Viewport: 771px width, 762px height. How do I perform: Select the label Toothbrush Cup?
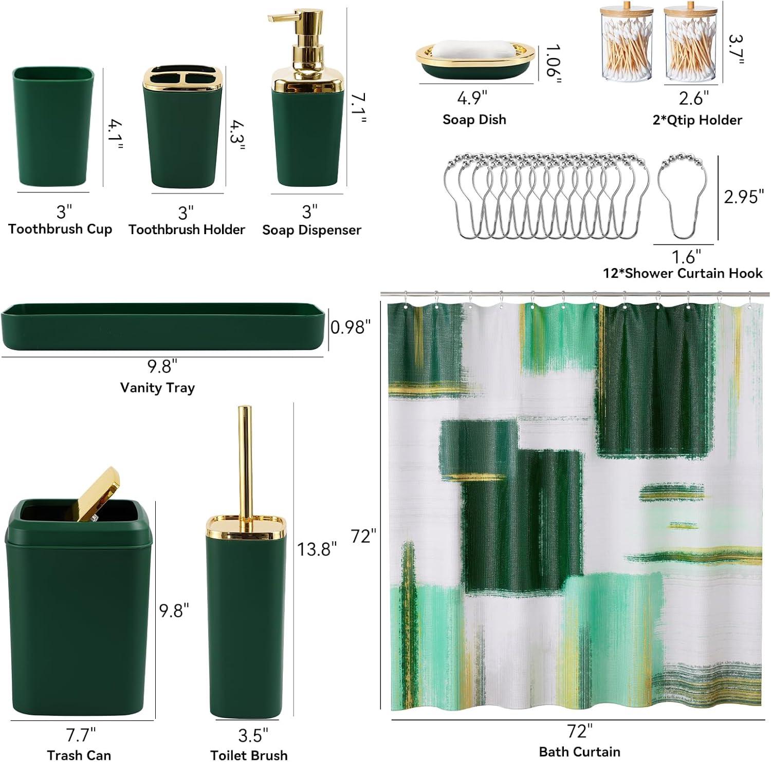click(x=60, y=229)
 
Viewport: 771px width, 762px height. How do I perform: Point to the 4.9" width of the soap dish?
click(x=472, y=98)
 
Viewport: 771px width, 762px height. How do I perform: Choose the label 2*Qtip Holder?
click(x=697, y=120)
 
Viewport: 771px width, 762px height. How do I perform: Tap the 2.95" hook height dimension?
click(x=744, y=196)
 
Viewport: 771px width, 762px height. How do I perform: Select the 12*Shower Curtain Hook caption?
click(x=683, y=273)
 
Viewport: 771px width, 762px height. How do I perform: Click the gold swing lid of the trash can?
click(x=98, y=493)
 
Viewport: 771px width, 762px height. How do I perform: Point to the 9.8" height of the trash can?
click(x=174, y=611)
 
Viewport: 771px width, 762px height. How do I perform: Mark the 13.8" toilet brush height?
click(x=317, y=549)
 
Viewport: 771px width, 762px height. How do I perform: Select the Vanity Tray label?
click(x=157, y=388)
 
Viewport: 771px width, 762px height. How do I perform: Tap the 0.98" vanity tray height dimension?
click(x=350, y=327)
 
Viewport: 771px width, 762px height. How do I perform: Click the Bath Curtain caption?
click(x=579, y=752)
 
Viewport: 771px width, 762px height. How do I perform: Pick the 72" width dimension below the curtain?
click(x=580, y=731)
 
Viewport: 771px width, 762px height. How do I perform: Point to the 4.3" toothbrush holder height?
click(x=237, y=136)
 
